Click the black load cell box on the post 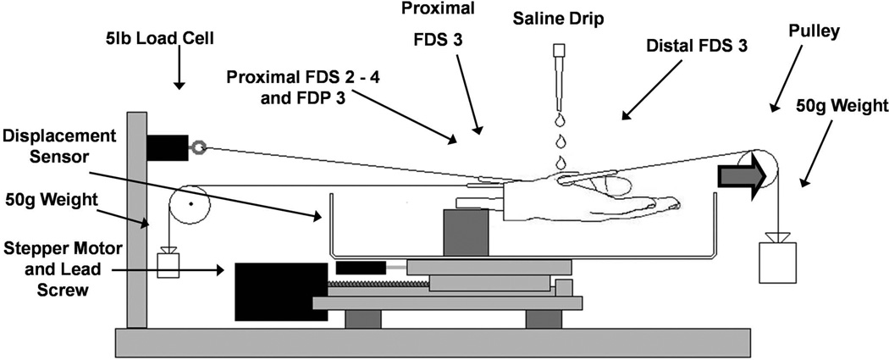(167, 147)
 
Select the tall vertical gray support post (136, 220)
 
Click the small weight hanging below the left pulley (168, 263)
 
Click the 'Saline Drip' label (560, 18)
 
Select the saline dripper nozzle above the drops (559, 59)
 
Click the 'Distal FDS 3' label (693, 47)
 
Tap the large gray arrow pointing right (742, 174)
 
